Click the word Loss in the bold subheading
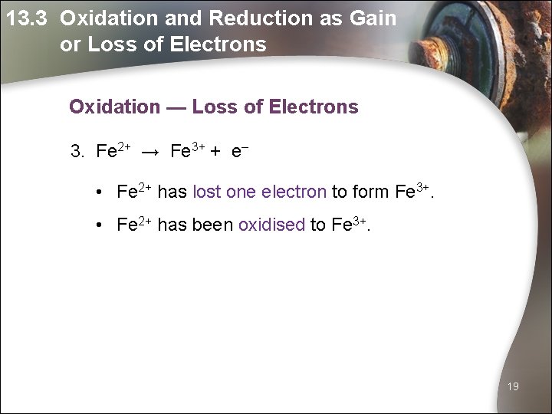[215, 107]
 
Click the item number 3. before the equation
[77, 151]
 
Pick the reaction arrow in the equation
[150, 152]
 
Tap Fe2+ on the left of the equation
[113, 150]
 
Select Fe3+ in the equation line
[187, 150]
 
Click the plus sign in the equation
[216, 152]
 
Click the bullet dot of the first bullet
[100, 192]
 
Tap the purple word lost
[207, 192]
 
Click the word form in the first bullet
[371, 192]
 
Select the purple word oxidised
[271, 225]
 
